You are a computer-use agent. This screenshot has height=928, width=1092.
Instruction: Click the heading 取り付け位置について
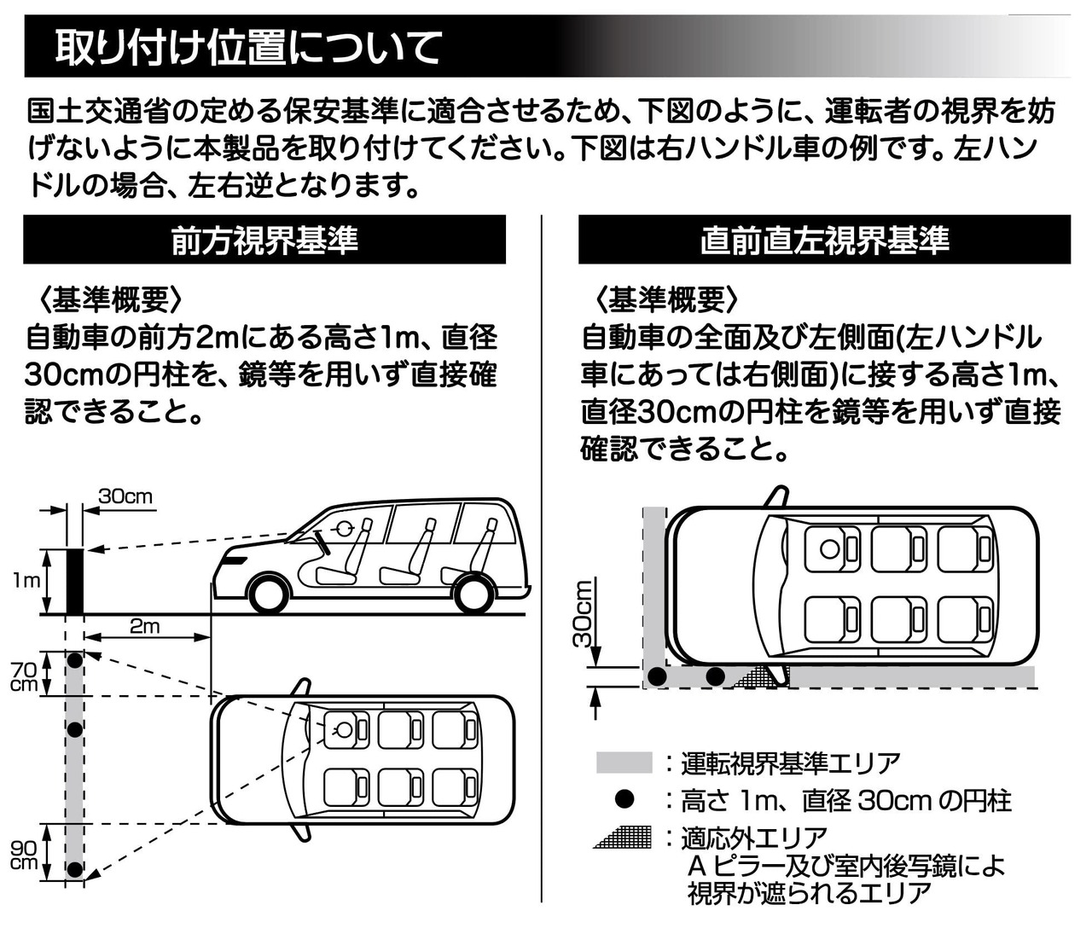[x=248, y=48]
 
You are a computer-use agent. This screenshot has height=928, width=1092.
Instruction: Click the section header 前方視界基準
[x=264, y=241]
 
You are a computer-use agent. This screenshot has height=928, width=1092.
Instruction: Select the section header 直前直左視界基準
[x=824, y=241]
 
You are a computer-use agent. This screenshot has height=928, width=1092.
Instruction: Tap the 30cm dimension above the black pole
[x=125, y=496]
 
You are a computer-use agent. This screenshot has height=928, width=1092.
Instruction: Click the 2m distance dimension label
[x=144, y=626]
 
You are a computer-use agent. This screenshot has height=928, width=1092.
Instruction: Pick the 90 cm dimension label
[x=24, y=854]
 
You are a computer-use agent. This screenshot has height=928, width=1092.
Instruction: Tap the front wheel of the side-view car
[x=270, y=593]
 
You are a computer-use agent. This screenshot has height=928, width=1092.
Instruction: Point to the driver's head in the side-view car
[x=346, y=529]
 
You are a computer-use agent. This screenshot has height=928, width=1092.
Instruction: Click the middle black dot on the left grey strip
[x=75, y=729]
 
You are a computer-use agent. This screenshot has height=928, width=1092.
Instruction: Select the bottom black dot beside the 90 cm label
[x=75, y=869]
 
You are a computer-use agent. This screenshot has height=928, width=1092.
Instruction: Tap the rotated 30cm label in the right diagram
[x=584, y=613]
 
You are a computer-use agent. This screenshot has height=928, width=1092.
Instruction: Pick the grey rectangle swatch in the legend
[x=624, y=763]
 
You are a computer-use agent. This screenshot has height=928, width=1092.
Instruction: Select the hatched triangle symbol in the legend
[x=624, y=837]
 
